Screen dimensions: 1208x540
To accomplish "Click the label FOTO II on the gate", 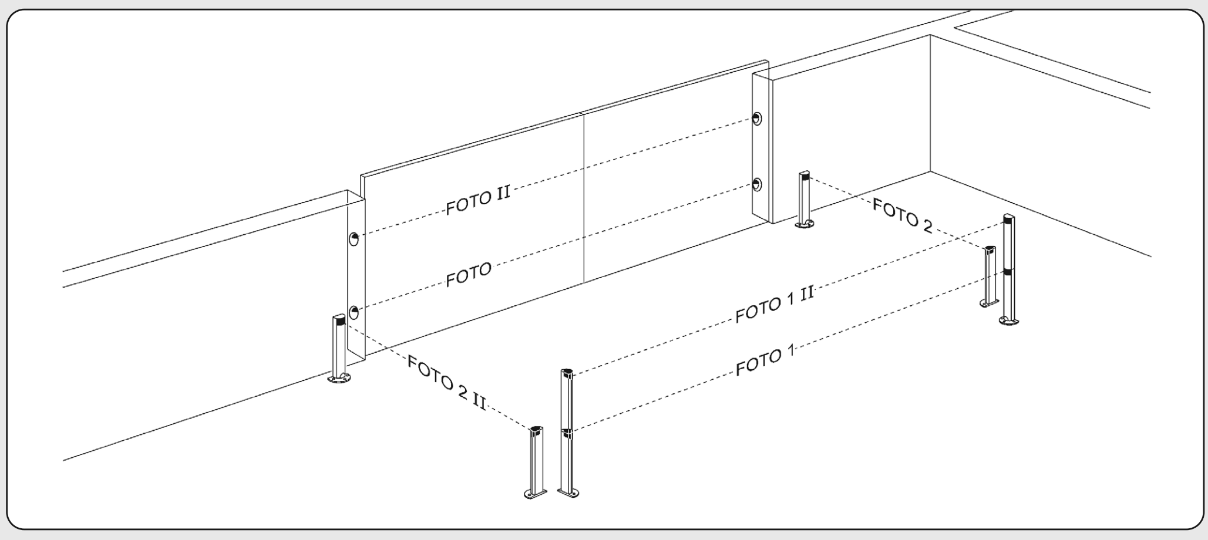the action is pos(478,200).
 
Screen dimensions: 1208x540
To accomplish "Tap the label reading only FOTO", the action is pos(468,275).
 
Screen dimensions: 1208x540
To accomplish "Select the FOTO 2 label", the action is pos(902,215).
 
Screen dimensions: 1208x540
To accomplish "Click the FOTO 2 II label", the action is pos(447,382).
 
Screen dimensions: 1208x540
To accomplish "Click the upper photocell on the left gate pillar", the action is pos(354,239).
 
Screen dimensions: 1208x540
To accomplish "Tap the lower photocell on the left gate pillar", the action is pos(354,312).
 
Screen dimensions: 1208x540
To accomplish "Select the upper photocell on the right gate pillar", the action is pos(758,119).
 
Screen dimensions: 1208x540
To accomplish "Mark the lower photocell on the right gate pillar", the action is pos(758,185).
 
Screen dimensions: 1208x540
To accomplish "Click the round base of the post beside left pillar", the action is pos(339,379).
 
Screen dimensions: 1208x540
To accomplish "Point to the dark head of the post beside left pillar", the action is pos(339,320).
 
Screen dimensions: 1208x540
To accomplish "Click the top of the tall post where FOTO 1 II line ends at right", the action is pos(1008,219).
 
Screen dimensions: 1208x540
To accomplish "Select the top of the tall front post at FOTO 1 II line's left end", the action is pos(567,373).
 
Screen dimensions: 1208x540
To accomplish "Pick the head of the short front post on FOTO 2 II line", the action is pos(536,431).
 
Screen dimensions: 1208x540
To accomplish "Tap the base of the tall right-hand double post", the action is pos(1009,320).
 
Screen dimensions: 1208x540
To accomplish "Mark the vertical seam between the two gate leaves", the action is pos(584,197).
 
